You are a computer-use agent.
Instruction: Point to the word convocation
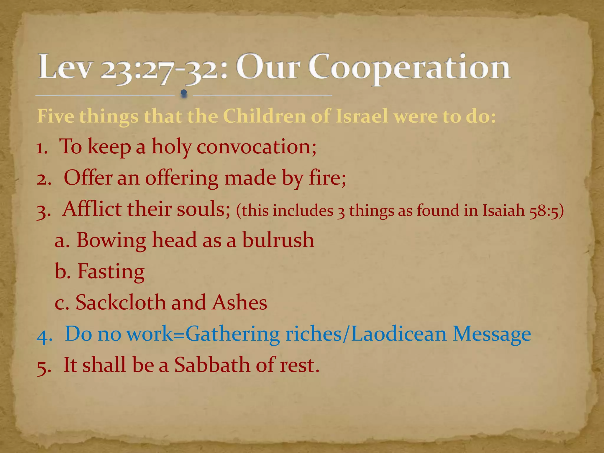(x=256, y=147)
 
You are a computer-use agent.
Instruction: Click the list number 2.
(x=43, y=179)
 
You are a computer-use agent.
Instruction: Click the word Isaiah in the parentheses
(x=504, y=211)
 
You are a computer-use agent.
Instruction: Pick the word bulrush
(x=278, y=240)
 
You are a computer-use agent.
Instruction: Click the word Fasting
(x=111, y=271)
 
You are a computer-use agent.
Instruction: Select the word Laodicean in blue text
(x=398, y=334)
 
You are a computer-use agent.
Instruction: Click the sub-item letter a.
(x=62, y=241)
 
